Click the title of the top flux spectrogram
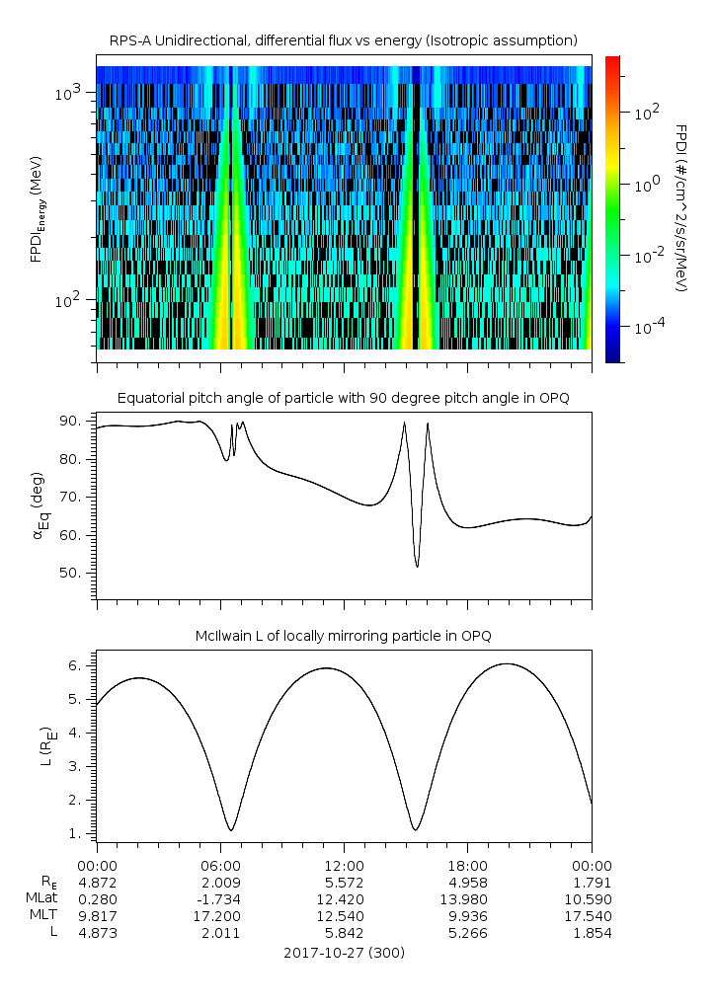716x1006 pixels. click(343, 40)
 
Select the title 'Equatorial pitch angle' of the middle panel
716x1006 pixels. click(343, 398)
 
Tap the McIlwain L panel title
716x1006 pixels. click(343, 635)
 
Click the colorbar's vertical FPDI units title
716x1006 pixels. click(681, 207)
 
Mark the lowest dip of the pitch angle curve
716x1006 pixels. click(417, 567)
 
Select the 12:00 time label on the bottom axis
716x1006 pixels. click(343, 862)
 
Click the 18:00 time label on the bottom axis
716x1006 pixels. click(467, 862)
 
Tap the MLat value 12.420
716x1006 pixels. click(343, 898)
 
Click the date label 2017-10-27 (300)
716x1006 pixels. click(343, 953)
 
